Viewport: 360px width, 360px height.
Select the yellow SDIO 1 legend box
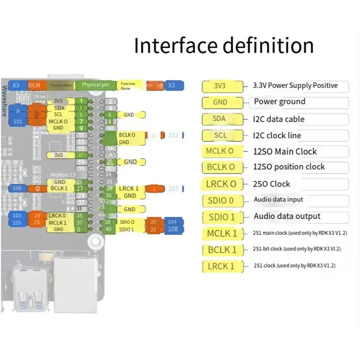221,217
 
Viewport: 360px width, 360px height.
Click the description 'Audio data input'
279,199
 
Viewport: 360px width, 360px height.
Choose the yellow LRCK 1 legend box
221,266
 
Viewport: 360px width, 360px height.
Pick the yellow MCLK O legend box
220,151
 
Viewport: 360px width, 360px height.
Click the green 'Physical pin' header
95,85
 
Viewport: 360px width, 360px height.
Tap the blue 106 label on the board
18,188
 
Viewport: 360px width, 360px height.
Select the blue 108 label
173,229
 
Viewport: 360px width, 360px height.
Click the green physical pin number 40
108,229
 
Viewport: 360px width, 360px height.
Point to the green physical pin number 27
80,189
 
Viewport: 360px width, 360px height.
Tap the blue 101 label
18,121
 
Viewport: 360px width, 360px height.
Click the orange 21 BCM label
153,229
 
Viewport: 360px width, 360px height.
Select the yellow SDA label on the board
58,108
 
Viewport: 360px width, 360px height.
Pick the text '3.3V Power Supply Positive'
296,85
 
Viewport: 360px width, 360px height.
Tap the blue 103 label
18,216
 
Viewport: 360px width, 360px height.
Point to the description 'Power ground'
279,102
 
